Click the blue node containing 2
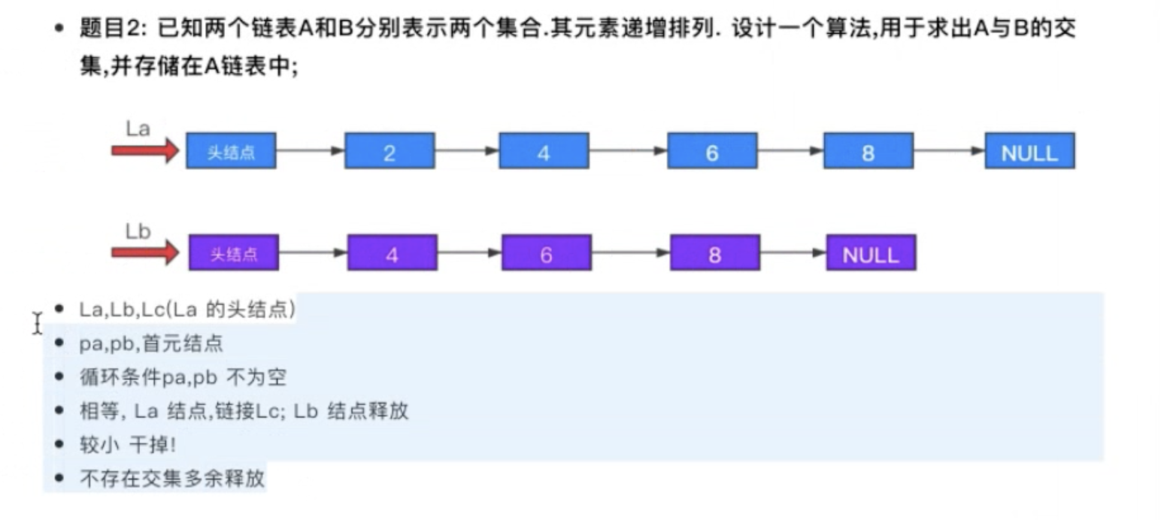[389, 151]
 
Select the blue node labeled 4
[544, 151]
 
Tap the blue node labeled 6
[711, 151]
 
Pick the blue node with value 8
[868, 151]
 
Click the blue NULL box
[1029, 151]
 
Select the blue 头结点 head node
[231, 151]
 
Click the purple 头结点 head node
[233, 253]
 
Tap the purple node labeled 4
[392, 253]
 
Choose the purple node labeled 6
[546, 253]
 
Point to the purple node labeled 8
[714, 253]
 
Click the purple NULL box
[871, 253]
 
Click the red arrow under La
[144, 151]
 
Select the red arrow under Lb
[144, 252]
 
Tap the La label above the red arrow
[138, 128]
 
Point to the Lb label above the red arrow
[138, 231]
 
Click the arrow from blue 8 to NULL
[949, 151]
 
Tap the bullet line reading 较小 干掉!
[128, 444]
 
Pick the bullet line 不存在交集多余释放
[172, 478]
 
